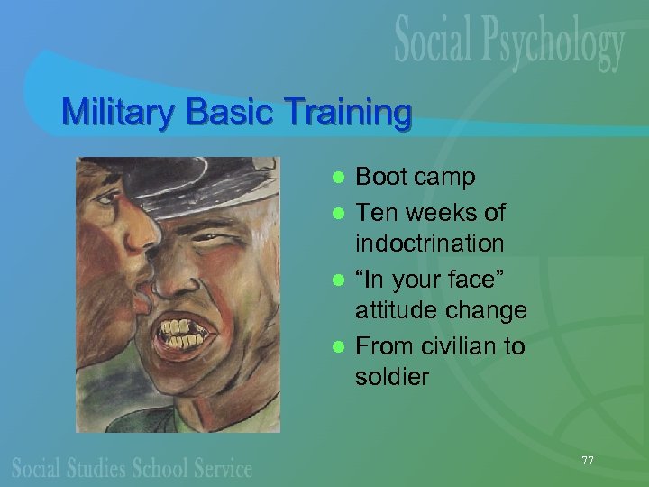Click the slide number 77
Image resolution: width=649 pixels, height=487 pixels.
click(588, 461)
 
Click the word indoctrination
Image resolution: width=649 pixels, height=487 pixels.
click(429, 243)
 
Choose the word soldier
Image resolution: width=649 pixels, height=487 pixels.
click(392, 376)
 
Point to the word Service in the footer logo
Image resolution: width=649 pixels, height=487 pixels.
click(221, 468)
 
